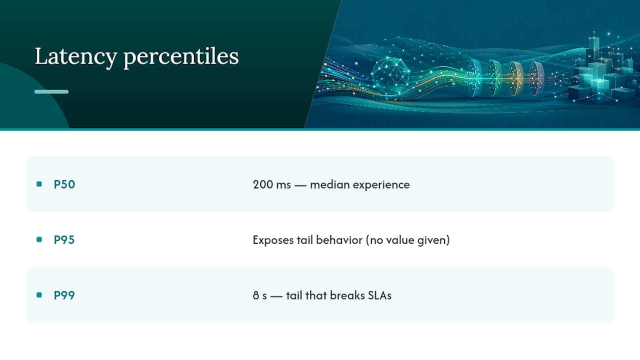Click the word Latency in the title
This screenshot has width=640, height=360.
pos(76,56)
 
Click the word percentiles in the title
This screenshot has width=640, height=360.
pos(181,56)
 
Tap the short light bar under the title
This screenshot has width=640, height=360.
pos(51,91)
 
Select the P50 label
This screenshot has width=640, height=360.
pos(64,184)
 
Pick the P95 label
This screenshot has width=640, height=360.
pos(64,239)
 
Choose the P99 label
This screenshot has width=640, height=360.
pos(64,295)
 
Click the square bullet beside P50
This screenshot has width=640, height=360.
pos(39,184)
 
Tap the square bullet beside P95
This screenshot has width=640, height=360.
pos(39,239)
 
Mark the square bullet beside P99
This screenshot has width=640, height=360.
pos(39,295)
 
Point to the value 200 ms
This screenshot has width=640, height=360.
pos(271,184)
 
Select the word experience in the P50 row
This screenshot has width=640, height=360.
pos(381,185)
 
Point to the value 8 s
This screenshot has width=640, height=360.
pos(259,295)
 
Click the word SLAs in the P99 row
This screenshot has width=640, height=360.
pos(379,295)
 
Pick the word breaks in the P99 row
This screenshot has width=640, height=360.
pos(347,295)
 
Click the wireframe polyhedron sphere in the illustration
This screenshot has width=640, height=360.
pos(390,75)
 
